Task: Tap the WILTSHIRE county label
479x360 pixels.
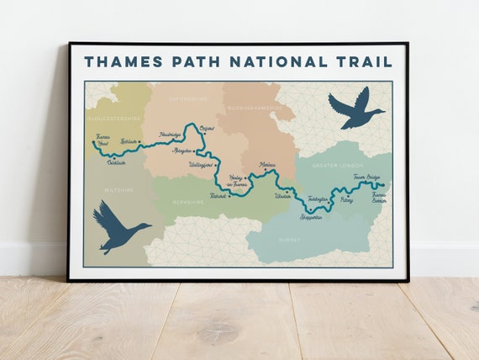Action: (x=118, y=190)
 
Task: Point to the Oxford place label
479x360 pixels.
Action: (x=208, y=128)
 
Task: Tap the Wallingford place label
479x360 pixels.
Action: (x=203, y=165)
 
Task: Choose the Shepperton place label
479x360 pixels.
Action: (x=312, y=217)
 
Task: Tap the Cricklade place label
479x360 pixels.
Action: (x=117, y=162)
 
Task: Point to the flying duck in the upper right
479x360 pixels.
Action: (x=355, y=109)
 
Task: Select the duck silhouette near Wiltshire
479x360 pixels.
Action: (x=118, y=228)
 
